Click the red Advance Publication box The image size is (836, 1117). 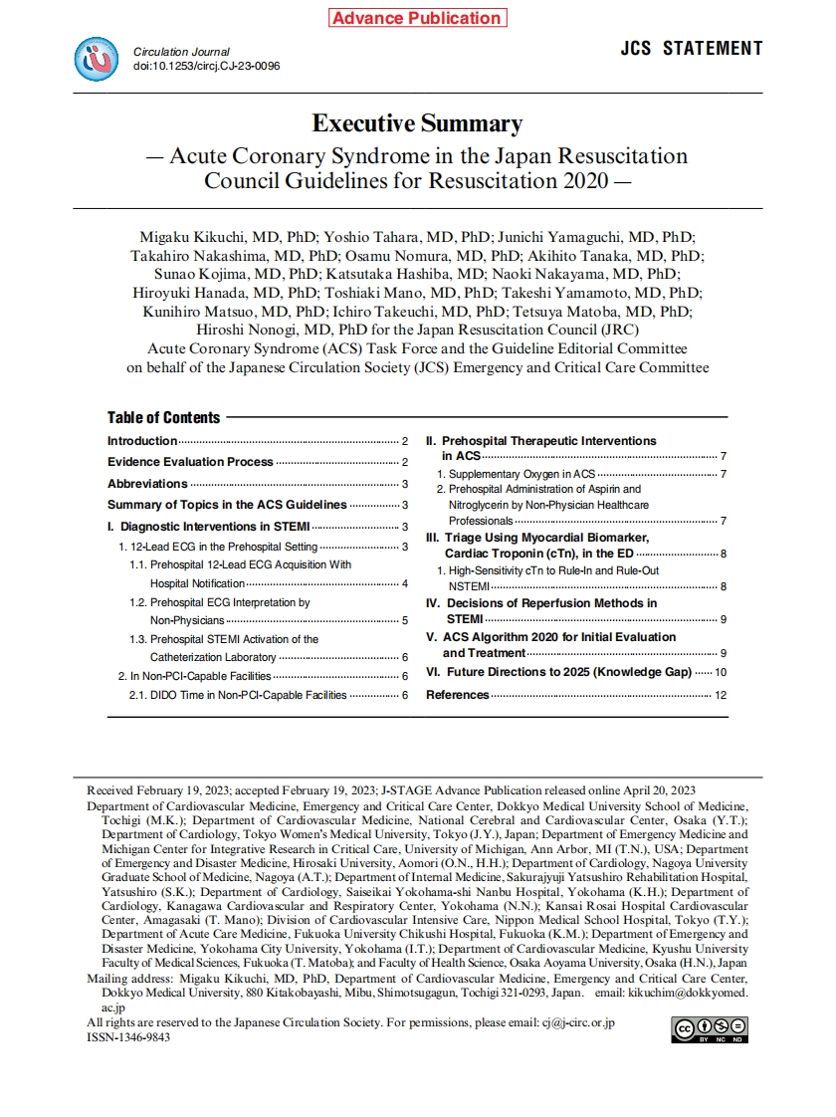[x=416, y=18]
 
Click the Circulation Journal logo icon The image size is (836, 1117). [x=97, y=59]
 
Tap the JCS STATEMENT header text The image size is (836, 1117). [x=692, y=49]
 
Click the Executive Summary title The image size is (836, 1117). [x=417, y=123]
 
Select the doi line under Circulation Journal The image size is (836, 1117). [x=206, y=66]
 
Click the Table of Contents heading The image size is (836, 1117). [x=164, y=417]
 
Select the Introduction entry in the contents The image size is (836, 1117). [x=142, y=441]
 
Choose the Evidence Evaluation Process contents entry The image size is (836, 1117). [x=190, y=462]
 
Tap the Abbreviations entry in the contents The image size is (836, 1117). [x=147, y=484]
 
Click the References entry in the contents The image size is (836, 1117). [x=458, y=695]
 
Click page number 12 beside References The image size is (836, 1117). [x=721, y=695]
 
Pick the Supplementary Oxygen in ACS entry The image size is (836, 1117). [x=522, y=474]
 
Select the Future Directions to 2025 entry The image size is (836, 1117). [x=558, y=672]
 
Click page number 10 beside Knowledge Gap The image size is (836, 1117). [x=721, y=673]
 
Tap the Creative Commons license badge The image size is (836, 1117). [x=710, y=1029]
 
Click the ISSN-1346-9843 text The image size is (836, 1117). [x=128, y=1036]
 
